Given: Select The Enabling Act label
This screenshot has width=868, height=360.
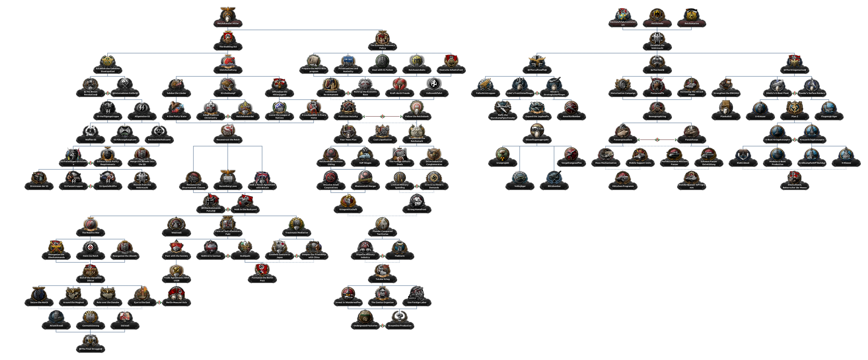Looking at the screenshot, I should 228,47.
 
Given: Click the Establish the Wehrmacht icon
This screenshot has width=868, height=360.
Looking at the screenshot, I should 657,38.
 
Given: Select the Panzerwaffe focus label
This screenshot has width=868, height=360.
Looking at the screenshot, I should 657,93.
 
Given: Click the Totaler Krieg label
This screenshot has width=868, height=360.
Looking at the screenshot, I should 382,279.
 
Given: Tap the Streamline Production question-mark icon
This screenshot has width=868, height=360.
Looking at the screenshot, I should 400,317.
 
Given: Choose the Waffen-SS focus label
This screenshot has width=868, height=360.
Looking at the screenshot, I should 91,140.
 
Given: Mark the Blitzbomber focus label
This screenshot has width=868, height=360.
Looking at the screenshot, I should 554,186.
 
